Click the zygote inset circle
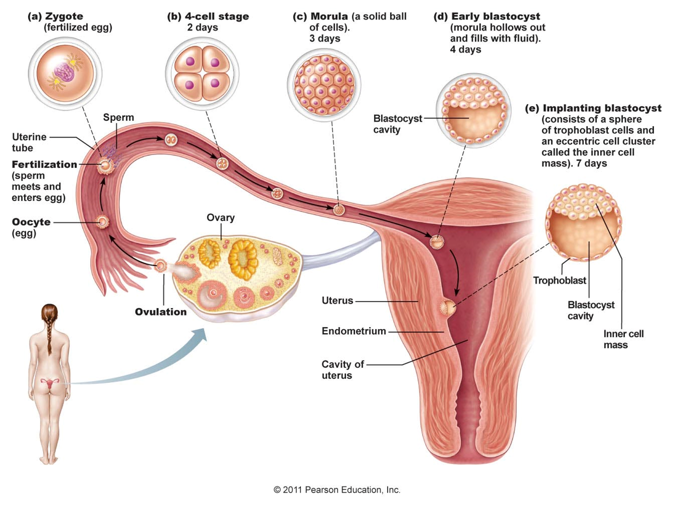[x=65, y=73]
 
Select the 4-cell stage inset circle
[x=202, y=73]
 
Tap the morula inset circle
[x=323, y=84]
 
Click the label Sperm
[x=119, y=117]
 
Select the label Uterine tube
[x=29, y=142]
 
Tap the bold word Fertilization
[x=45, y=164]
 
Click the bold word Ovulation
[x=160, y=312]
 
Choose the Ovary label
[x=220, y=217]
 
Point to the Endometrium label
[x=354, y=331]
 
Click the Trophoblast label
[x=559, y=280]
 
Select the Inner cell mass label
[x=623, y=339]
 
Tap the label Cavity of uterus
[x=343, y=369]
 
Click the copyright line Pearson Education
[x=337, y=490]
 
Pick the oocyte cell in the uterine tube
[x=102, y=221]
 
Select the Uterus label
[x=337, y=300]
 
